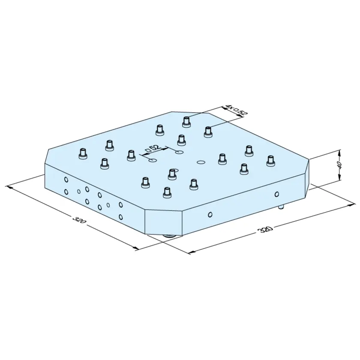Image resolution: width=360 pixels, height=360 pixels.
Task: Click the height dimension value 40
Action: [x=340, y=164]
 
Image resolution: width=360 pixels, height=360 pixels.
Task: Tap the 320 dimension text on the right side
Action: [x=266, y=229]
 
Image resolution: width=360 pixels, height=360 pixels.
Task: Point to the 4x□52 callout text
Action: [x=237, y=110]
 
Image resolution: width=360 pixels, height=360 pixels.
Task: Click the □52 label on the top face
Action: [x=153, y=148]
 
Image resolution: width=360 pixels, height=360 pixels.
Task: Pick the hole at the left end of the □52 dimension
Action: [x=153, y=160]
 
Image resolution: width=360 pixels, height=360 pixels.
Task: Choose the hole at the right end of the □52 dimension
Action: [x=179, y=152]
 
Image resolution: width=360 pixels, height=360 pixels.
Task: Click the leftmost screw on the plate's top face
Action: [x=83, y=153]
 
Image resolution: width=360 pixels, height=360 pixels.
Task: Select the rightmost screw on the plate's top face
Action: [x=271, y=161]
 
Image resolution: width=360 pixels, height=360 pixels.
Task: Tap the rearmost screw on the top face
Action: [x=187, y=122]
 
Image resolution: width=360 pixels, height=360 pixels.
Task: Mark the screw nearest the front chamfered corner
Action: [x=167, y=192]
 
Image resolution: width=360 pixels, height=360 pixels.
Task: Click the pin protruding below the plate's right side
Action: [x=281, y=207]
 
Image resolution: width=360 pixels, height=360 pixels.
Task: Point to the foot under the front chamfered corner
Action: [x=169, y=236]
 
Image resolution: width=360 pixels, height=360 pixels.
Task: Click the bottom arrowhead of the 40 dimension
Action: [x=340, y=178]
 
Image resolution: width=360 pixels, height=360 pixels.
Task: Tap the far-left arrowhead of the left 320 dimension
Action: [x=10, y=187]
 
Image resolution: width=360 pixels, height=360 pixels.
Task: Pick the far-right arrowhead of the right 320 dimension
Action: [x=352, y=204]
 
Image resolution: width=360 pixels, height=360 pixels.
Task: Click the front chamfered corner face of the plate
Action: [x=163, y=222]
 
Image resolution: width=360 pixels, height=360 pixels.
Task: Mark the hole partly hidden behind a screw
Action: [x=176, y=171]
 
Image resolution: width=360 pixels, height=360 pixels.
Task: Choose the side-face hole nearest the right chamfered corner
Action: [x=277, y=194]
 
